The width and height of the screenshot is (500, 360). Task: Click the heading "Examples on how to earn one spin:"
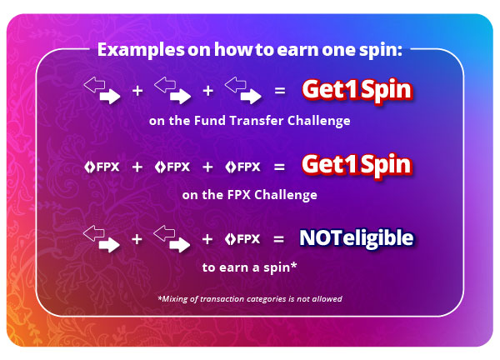250,50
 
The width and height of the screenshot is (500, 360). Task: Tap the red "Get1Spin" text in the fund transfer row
357,90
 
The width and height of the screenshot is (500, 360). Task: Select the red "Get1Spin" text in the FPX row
357,165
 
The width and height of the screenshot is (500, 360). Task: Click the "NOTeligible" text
357,238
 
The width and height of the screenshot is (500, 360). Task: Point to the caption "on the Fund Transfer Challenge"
250,121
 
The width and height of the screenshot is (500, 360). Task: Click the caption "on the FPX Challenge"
250,195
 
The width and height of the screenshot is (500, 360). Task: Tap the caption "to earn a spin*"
250,267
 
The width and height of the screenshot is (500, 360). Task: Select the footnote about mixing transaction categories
250,299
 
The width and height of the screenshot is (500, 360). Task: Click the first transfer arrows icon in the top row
102,90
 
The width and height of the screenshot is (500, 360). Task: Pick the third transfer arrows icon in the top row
243,90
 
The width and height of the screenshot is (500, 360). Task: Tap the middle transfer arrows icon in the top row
172,90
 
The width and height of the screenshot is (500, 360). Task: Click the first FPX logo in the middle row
102,167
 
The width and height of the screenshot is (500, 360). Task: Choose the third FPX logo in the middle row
242,167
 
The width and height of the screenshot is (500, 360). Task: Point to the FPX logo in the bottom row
242,239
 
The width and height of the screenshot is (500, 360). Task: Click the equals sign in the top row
280,91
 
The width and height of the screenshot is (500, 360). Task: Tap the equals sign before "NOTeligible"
278,239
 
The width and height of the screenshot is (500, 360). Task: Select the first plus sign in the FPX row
137,167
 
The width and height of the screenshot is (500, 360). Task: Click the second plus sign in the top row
207,91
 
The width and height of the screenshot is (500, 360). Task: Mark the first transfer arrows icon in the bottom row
102,239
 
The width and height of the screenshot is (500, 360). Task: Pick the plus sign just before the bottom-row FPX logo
207,239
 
